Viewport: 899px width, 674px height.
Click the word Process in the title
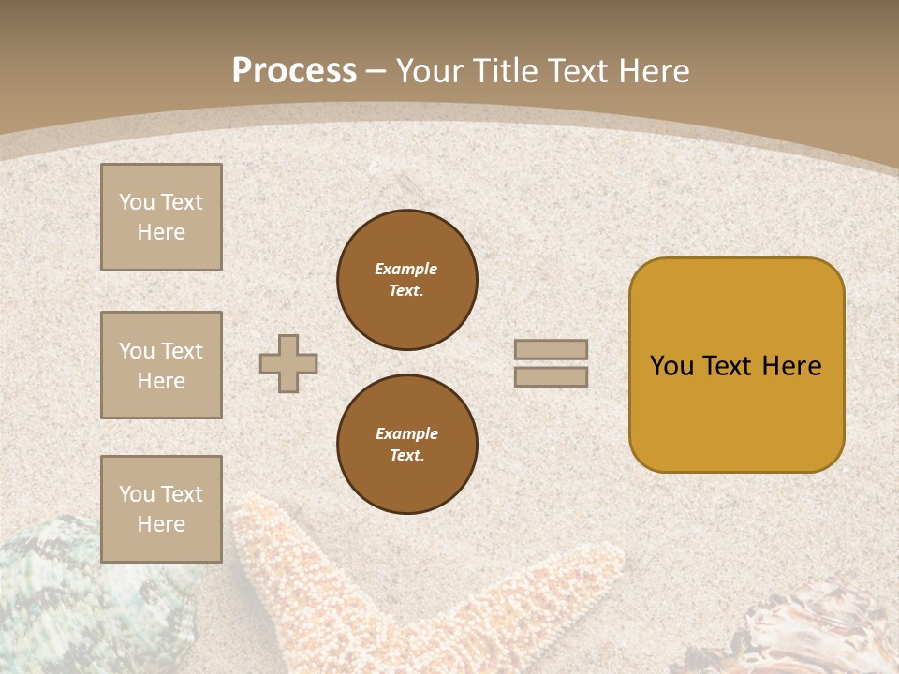click(x=294, y=71)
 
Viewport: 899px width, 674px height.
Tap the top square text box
click(x=161, y=217)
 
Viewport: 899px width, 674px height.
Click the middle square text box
click(x=161, y=365)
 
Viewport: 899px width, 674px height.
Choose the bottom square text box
click(x=161, y=509)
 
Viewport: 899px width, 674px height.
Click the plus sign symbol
click(x=288, y=363)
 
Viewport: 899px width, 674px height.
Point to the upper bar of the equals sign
click(x=551, y=349)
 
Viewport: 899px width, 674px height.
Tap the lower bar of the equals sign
click(x=551, y=376)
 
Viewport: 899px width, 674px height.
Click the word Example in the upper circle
click(x=406, y=269)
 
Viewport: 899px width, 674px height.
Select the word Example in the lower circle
click(x=406, y=433)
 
